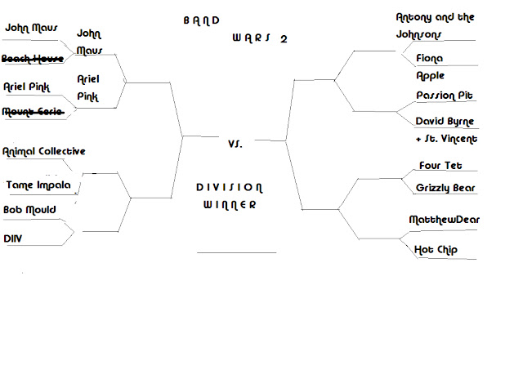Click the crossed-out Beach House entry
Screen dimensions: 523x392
tap(33, 59)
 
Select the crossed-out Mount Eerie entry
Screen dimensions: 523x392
tap(33, 111)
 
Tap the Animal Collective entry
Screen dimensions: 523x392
tap(43, 151)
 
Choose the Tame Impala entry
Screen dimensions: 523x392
tap(38, 185)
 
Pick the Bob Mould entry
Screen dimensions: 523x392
tap(29, 210)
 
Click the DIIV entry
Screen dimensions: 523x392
tap(13, 238)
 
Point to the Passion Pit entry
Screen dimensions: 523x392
tap(445, 96)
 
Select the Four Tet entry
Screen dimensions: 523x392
tap(440, 165)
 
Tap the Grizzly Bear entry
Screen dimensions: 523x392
tap(445, 188)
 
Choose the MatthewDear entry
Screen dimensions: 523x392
tap(444, 220)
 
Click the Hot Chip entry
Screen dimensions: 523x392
tap(436, 250)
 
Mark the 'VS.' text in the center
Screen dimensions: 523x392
tap(235, 144)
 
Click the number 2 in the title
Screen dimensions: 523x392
tap(284, 39)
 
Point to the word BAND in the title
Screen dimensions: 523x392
tap(202, 21)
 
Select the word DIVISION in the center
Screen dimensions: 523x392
tap(230, 188)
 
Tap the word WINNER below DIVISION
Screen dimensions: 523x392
tap(230, 205)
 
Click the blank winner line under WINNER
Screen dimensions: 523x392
tap(236, 252)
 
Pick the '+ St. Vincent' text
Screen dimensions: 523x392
tap(447, 139)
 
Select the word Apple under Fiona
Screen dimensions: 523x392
tap(431, 76)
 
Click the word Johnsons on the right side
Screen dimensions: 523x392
tap(418, 34)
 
